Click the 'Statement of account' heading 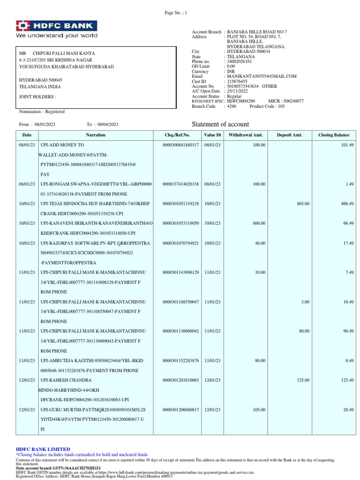[221, 124]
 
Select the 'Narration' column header [96, 135]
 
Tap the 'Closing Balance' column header [334, 135]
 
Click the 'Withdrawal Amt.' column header [245, 135]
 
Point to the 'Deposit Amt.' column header [289, 135]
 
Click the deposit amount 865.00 [303, 204]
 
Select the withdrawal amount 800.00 [259, 223]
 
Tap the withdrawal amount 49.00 [260, 243]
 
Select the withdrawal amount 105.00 [259, 409]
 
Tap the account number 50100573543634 [243, 86]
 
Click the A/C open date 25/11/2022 [237, 91]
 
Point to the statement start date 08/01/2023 [45, 124]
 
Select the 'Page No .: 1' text [176, 13]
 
